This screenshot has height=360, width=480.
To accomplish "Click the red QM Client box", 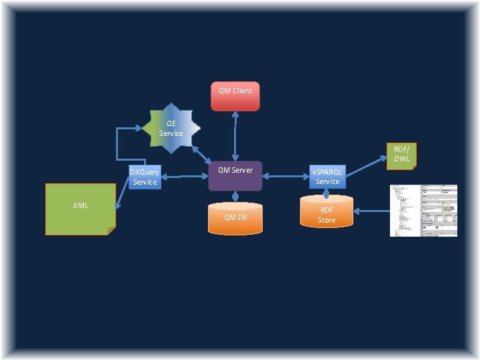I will [235, 96].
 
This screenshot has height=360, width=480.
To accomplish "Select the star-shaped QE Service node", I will [171, 128].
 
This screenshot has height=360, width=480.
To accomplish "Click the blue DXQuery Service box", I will [145, 177].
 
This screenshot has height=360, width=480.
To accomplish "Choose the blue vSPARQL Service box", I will [327, 177].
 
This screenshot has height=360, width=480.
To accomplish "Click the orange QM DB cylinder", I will [235, 218].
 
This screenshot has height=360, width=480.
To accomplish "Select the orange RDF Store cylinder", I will [326, 213].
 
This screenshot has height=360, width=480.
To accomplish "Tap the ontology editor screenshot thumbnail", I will [423, 210].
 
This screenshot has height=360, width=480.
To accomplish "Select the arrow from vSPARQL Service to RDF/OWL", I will [365, 167].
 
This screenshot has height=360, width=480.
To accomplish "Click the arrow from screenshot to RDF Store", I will [370, 211].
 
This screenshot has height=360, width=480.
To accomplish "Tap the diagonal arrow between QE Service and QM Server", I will [201, 152].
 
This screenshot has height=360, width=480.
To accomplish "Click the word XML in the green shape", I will [81, 205].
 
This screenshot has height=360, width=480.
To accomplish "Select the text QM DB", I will [235, 217].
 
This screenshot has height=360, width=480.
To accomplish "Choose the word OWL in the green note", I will [401, 159].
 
